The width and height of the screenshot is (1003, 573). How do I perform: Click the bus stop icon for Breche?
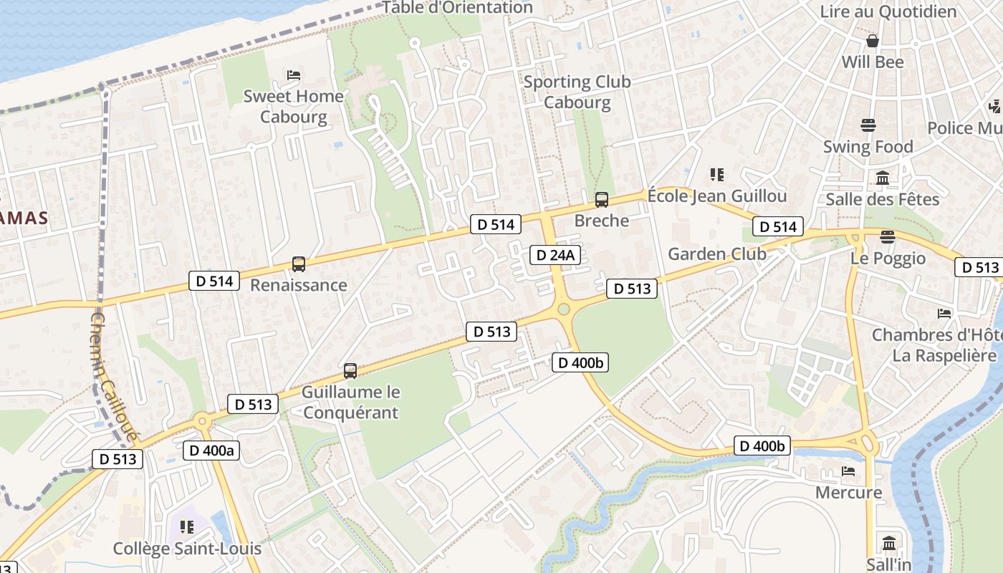pos(602,200)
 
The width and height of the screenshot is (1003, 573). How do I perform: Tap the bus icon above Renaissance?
pos(299,264)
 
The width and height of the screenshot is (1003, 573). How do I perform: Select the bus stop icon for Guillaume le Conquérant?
pos(350,371)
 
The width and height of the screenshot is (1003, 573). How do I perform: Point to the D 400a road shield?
pos(210,450)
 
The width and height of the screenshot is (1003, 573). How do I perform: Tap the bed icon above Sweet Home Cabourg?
pos(294,75)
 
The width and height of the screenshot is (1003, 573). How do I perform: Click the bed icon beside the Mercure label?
pos(848,471)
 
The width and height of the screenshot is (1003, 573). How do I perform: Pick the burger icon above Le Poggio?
pos(888,237)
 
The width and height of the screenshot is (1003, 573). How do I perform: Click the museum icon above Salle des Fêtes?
pos(883,178)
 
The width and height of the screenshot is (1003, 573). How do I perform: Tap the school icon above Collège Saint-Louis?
pos(187,528)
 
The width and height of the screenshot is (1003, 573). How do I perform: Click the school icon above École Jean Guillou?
pos(716,175)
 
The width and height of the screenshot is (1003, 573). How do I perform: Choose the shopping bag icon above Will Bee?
pos(873,41)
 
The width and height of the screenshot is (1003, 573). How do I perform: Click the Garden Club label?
pos(716,254)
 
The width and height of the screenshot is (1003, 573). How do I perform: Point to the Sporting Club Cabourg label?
pos(577,92)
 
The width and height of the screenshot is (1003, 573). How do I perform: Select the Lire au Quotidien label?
pos(888,11)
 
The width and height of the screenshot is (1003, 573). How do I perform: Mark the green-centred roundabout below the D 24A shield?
pos(564,309)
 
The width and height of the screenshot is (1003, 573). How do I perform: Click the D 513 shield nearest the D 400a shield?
pos(254,404)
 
